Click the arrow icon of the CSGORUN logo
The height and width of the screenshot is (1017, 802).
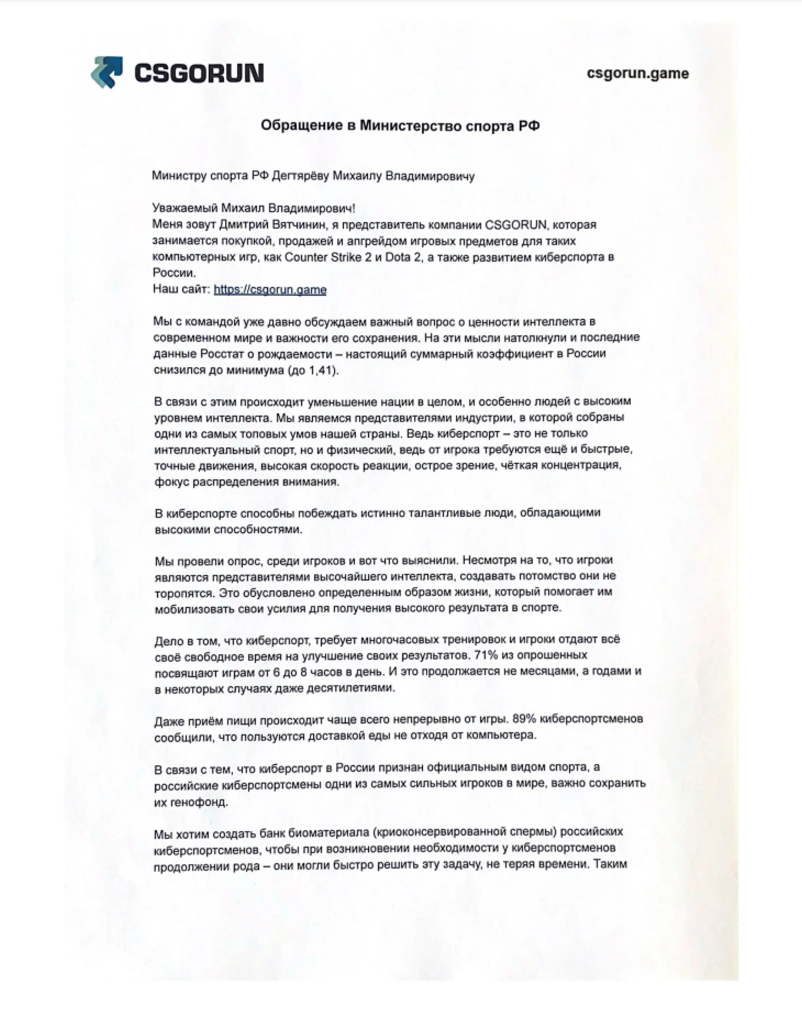(x=107, y=72)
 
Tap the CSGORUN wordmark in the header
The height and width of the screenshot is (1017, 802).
(x=199, y=73)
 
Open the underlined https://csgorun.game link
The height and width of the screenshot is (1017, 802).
(x=270, y=289)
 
